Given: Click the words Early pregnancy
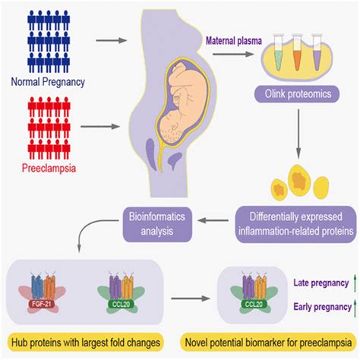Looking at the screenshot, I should click(316, 307).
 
